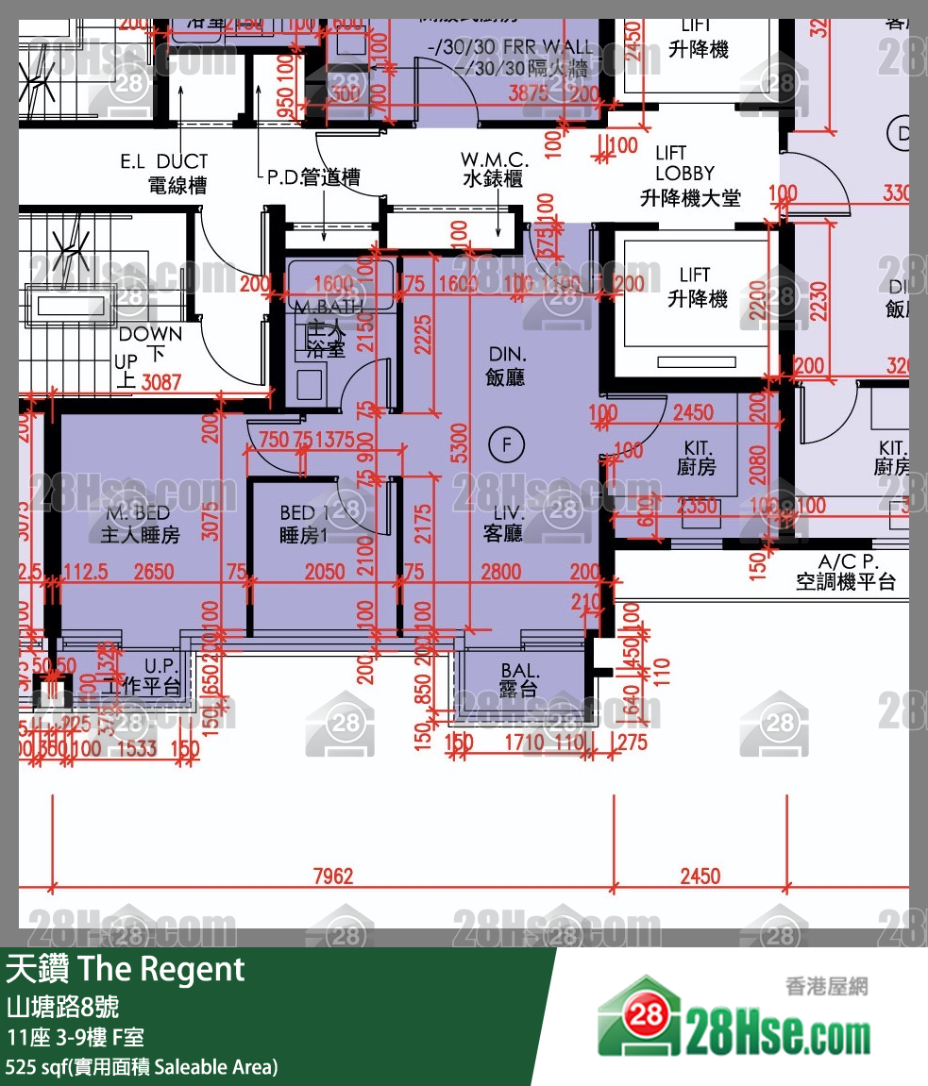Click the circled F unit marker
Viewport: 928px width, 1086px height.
[507, 444]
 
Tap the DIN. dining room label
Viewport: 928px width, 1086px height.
[507, 366]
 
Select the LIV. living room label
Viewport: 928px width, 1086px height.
[503, 524]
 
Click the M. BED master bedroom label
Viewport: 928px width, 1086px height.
[140, 525]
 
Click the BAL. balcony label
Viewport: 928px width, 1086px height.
[519, 679]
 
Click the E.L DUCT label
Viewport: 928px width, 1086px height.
[163, 173]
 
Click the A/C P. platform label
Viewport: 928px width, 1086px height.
[844, 572]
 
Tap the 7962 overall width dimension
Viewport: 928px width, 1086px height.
[332, 877]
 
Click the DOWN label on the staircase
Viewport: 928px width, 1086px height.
[151, 334]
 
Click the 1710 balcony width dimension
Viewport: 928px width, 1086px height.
[524, 743]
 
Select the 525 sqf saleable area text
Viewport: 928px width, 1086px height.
[142, 1067]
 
